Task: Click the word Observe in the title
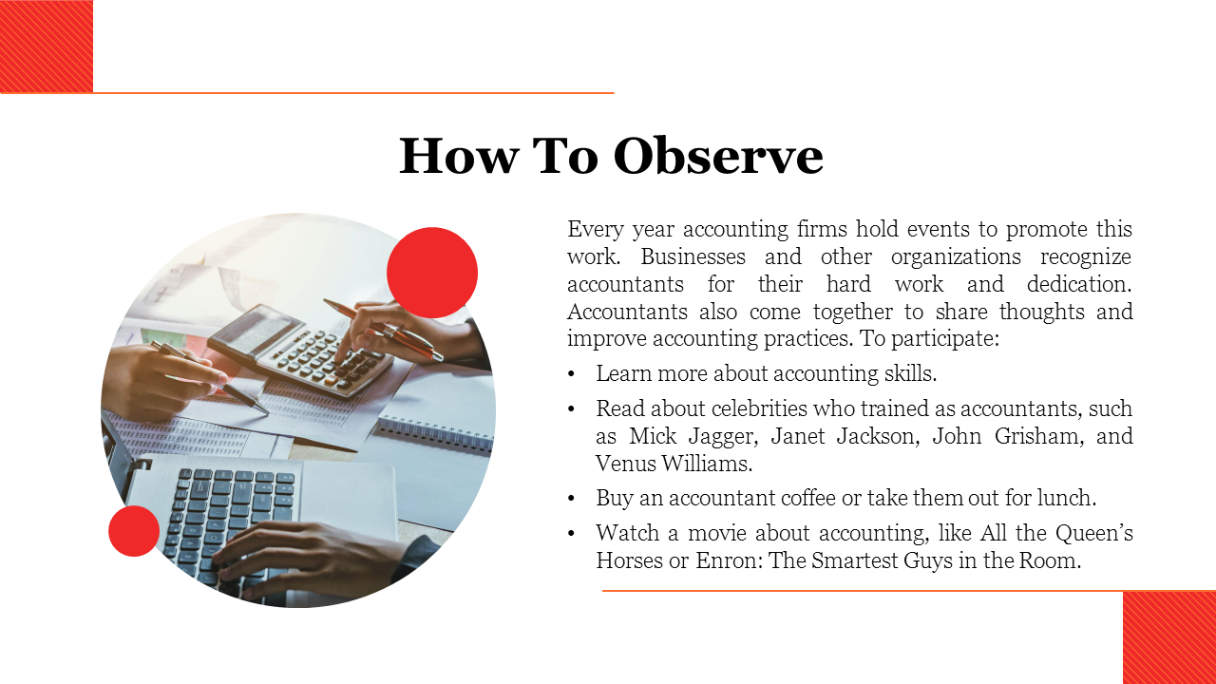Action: click(718, 156)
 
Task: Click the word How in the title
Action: click(459, 156)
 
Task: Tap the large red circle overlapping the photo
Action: click(432, 273)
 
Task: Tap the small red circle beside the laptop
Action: click(134, 531)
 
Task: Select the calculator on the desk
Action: click(301, 351)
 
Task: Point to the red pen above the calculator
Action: click(383, 329)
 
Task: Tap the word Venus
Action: click(624, 464)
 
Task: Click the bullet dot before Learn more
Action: click(571, 374)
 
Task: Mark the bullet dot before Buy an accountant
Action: click(571, 499)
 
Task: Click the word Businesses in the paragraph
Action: click(693, 256)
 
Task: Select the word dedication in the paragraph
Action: click(1079, 284)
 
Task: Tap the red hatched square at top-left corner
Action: click(47, 47)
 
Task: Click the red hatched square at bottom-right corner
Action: click(1169, 637)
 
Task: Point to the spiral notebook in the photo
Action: click(434, 434)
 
